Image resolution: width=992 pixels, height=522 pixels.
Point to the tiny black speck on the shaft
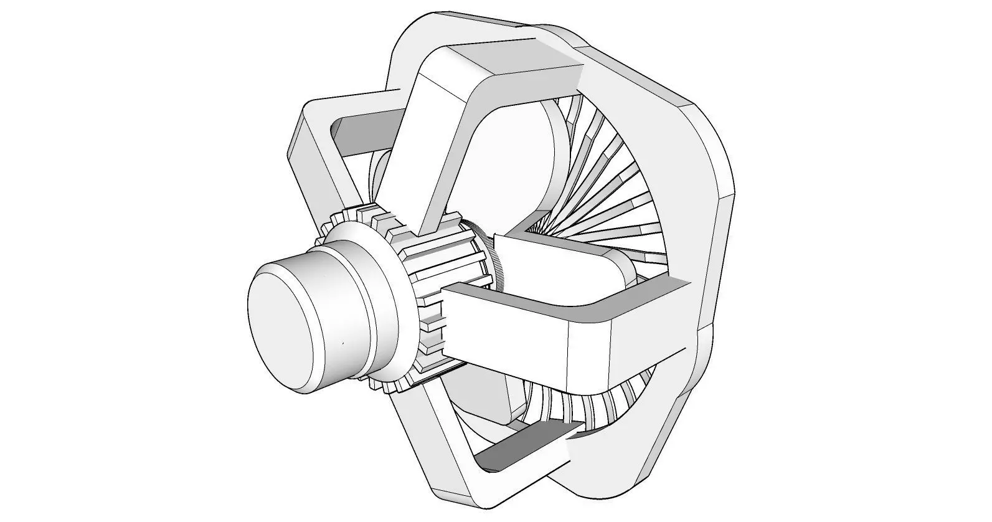pyautogui.click(x=342, y=343)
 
